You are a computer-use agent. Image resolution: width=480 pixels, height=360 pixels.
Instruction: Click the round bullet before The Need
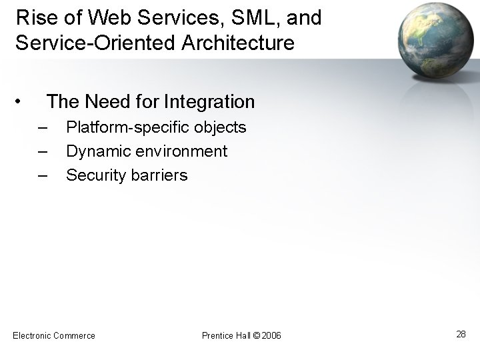[x=19, y=102]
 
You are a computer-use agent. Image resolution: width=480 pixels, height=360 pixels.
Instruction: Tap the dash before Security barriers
[x=43, y=175]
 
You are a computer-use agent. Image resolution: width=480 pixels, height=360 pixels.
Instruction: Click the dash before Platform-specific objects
[x=43, y=127]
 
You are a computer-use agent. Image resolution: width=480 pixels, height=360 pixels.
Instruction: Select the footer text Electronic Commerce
[x=54, y=335]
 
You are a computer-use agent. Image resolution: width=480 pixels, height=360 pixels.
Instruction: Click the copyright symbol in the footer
[x=257, y=335]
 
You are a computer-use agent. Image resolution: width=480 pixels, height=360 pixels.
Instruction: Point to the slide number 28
[x=461, y=334]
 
